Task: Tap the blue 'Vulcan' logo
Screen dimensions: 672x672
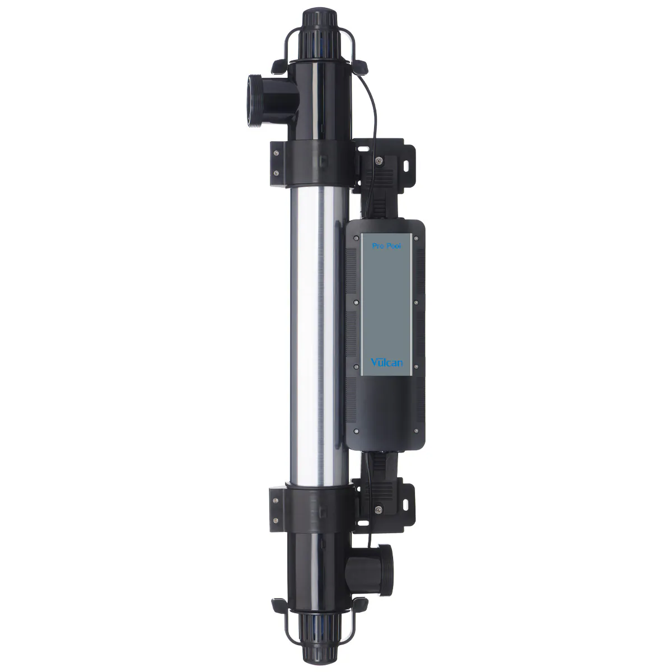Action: (x=386, y=362)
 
